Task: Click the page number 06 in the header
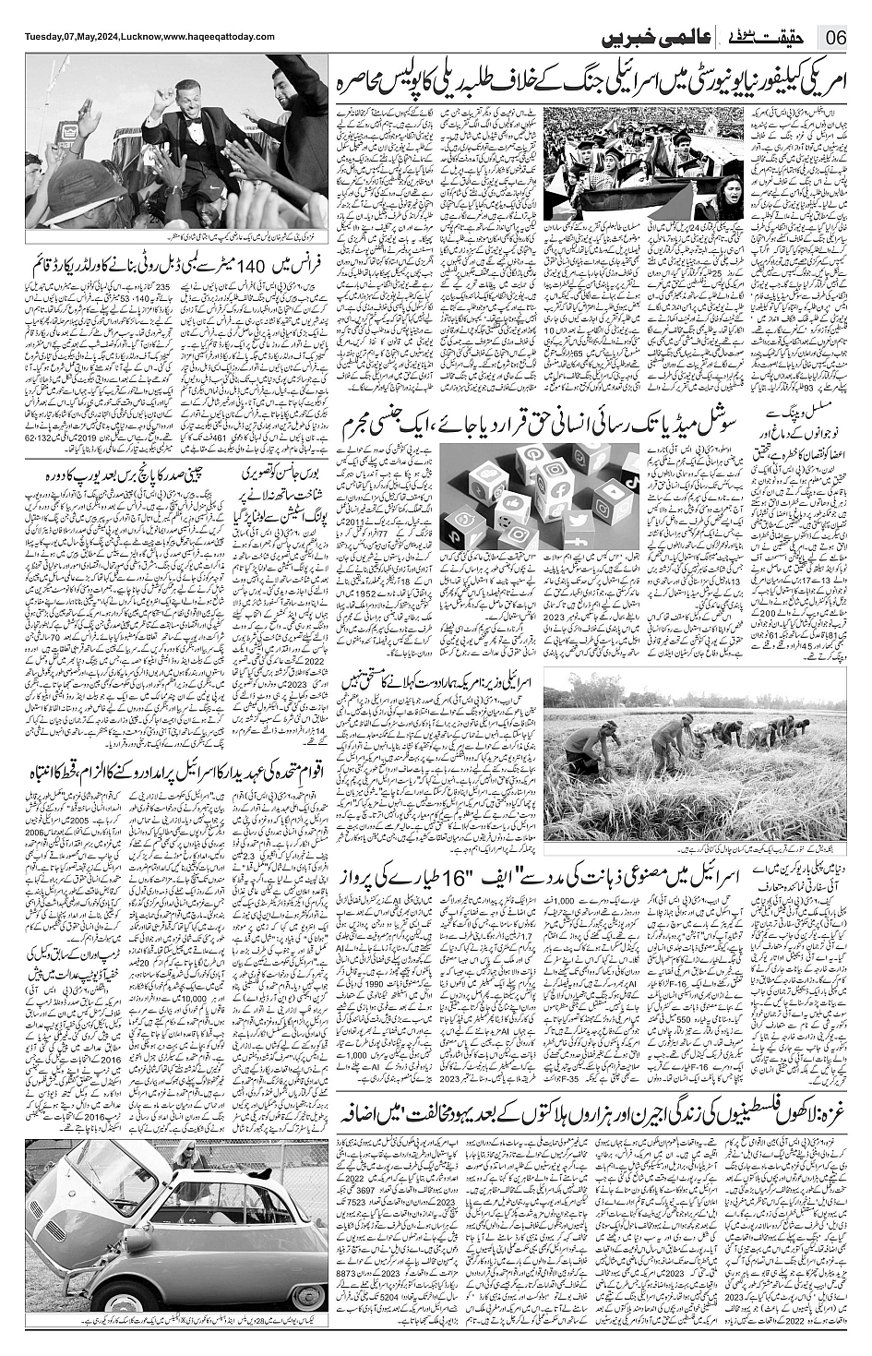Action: (837, 38)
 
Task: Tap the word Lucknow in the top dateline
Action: (140, 36)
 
